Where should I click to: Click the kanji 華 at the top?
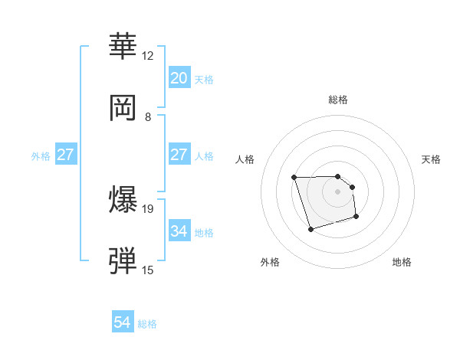[124, 46]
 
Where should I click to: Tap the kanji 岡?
[124, 107]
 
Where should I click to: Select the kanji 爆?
[124, 200]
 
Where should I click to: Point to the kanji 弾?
[124, 261]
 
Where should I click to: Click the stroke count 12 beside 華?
[148, 56]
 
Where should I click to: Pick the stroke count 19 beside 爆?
[148, 208]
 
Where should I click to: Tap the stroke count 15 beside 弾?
[148, 270]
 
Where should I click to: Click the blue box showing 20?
[179, 78]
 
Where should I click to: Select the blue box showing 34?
[179, 231]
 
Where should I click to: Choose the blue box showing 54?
[123, 322]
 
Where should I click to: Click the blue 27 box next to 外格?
[65, 155]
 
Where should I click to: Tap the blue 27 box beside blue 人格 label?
[179, 155]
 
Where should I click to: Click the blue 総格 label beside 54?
[147, 324]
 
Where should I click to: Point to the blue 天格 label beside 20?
[203, 80]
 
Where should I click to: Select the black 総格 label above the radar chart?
[337, 100]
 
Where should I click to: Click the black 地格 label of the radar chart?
[402, 262]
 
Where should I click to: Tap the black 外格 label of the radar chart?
[270, 262]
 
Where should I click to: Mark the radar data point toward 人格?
[294, 178]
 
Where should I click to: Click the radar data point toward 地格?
[357, 218]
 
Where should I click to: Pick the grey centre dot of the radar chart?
[337, 191]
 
